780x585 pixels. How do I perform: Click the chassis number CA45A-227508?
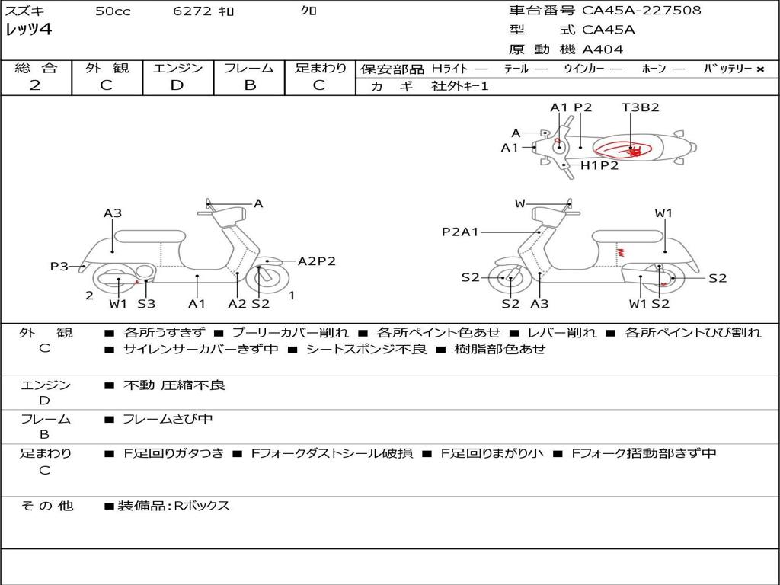coord(641,11)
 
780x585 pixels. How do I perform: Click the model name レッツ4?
coord(28,30)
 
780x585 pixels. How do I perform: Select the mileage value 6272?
coord(192,11)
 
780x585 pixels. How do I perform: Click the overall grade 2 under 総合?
coord(35,85)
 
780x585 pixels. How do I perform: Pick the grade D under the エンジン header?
coord(177,85)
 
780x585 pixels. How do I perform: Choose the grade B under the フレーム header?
coord(250,85)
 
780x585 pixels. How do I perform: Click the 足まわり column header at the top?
coord(321,68)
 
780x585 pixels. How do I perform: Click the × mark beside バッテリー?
coord(760,69)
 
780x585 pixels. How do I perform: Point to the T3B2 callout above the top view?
coord(640,107)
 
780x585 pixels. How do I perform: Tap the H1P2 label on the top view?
coord(599,165)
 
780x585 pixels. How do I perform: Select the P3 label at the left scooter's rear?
coord(59,266)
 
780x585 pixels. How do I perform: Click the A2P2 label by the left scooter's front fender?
coord(316,261)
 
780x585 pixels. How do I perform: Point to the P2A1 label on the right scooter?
coord(460,232)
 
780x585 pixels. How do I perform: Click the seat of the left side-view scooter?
coord(150,236)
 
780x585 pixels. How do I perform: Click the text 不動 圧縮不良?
coord(174,385)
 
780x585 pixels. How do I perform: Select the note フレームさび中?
coord(168,420)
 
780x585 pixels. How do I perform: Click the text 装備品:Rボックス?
coord(174,506)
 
